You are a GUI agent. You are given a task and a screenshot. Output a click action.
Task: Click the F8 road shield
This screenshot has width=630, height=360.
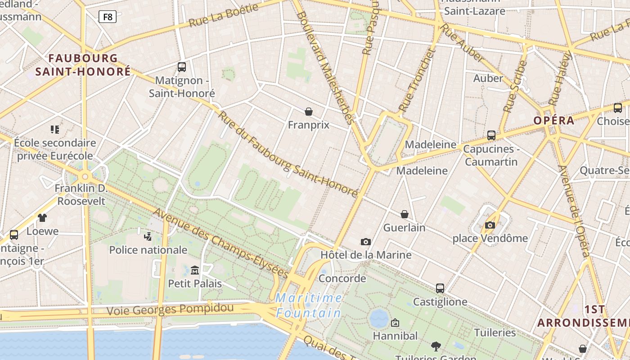108,17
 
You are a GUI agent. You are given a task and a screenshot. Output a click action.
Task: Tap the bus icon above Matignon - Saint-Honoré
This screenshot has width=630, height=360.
182,67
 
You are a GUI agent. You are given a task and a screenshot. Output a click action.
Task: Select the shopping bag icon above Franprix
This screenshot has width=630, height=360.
309,111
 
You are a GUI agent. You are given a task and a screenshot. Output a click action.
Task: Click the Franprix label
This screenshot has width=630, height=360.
309,125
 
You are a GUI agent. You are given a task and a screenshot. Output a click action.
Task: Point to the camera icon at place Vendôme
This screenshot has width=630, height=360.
490,225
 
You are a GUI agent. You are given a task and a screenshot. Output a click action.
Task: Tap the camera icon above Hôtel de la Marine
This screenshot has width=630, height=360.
366,242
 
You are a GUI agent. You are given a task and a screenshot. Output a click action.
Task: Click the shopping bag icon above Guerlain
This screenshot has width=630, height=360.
405,214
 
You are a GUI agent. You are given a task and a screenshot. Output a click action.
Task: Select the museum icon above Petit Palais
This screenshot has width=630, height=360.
195,270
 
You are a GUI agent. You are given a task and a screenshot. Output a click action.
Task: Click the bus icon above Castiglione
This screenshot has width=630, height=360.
440,288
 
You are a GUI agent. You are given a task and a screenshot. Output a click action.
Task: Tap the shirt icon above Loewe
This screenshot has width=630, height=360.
42,218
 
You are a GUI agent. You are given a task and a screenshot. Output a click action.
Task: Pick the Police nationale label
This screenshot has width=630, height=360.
148,250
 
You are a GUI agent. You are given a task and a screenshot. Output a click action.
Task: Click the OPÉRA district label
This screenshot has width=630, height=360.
554,121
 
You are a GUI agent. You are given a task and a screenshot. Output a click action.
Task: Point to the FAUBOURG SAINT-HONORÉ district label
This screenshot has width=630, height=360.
83,65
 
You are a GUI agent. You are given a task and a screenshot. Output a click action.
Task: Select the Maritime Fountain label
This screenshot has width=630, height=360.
309,305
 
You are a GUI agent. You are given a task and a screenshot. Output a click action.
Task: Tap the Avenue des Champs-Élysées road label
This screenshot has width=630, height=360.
220,243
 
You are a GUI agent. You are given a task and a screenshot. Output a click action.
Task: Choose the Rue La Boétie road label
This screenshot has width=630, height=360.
224,15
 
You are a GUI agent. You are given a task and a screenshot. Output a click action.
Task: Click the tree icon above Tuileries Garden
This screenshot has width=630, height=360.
436,346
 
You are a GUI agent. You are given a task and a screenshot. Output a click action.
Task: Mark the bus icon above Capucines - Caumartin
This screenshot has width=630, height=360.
491,135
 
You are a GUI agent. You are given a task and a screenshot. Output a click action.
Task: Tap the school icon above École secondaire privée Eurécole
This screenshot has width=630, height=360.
55,130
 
